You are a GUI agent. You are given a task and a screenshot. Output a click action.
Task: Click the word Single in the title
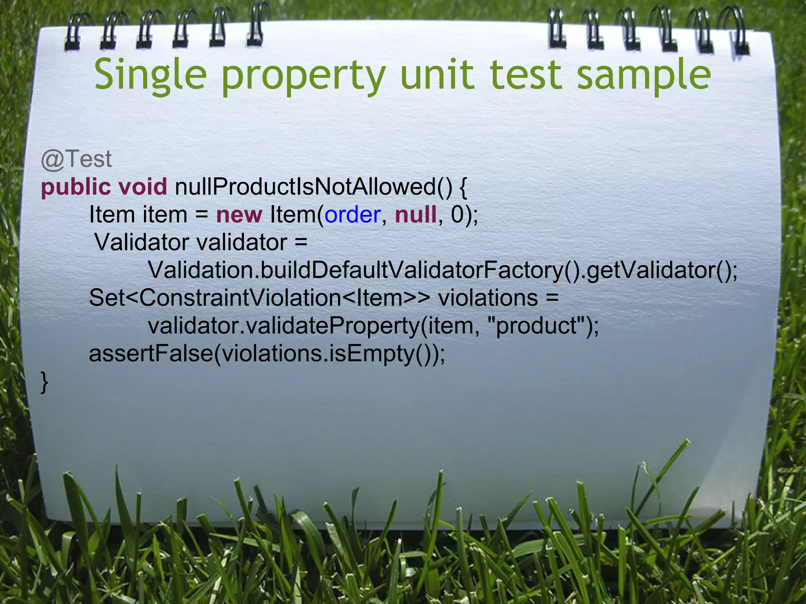coord(150,75)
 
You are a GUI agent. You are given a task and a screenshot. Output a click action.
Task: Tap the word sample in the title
coord(644,75)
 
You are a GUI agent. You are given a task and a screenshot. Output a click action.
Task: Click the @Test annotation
coord(76,159)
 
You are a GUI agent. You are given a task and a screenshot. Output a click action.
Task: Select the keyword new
coord(239,215)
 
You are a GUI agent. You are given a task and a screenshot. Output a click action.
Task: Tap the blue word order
coord(352,215)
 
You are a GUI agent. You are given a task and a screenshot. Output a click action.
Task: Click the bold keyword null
coord(416,215)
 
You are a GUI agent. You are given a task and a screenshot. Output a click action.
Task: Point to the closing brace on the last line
coord(44,382)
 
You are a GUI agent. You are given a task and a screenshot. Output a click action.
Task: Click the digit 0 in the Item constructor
coord(457,215)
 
